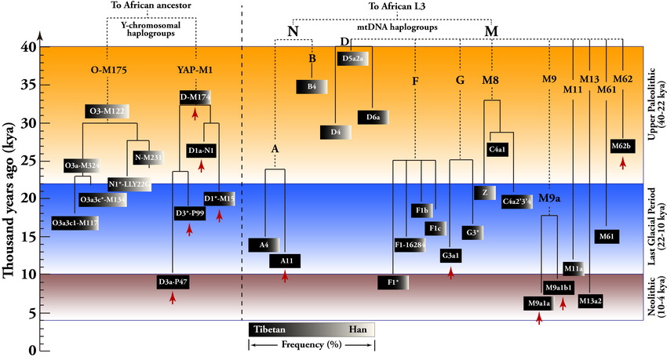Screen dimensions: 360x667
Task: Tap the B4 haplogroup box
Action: pyautogui.click(x=311, y=87)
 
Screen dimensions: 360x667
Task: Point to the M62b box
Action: pyautogui.click(x=622, y=145)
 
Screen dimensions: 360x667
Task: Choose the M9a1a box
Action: pyautogui.click(x=538, y=303)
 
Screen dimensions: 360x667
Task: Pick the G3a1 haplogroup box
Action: pyautogui.click(x=451, y=256)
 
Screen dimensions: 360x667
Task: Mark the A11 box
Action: pyautogui.click(x=285, y=260)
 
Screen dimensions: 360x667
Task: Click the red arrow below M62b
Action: pyautogui.click(x=622, y=162)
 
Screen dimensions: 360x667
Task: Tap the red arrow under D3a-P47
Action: pyautogui.click(x=172, y=297)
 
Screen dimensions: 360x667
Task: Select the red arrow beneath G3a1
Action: pyautogui.click(x=451, y=272)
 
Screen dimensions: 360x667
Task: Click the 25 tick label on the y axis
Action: pyautogui.click(x=28, y=161)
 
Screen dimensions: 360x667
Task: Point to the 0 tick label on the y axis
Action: pyautogui.click(x=32, y=351)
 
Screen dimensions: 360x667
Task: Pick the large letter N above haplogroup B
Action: pyautogui.click(x=293, y=32)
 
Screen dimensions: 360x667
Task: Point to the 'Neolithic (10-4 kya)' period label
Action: pyautogui.click(x=654, y=295)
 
